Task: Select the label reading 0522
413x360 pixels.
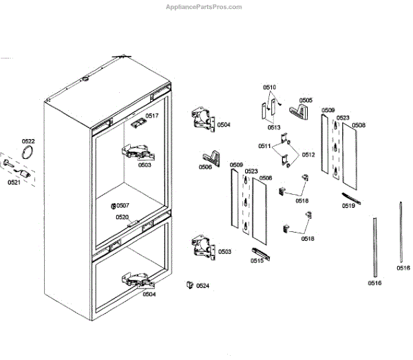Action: (28, 141)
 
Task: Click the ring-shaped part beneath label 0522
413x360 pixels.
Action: (28, 153)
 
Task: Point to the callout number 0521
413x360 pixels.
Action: (14, 182)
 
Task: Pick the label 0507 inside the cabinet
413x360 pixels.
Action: (123, 206)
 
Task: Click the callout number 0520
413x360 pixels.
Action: (122, 217)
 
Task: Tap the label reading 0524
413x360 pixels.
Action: (202, 285)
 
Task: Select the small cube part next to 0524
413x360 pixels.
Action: (188, 284)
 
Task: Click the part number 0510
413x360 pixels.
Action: (269, 87)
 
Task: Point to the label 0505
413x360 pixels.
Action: (306, 100)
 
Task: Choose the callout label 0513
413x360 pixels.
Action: (274, 127)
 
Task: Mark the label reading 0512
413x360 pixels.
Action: (308, 154)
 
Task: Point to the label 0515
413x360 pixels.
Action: (257, 261)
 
